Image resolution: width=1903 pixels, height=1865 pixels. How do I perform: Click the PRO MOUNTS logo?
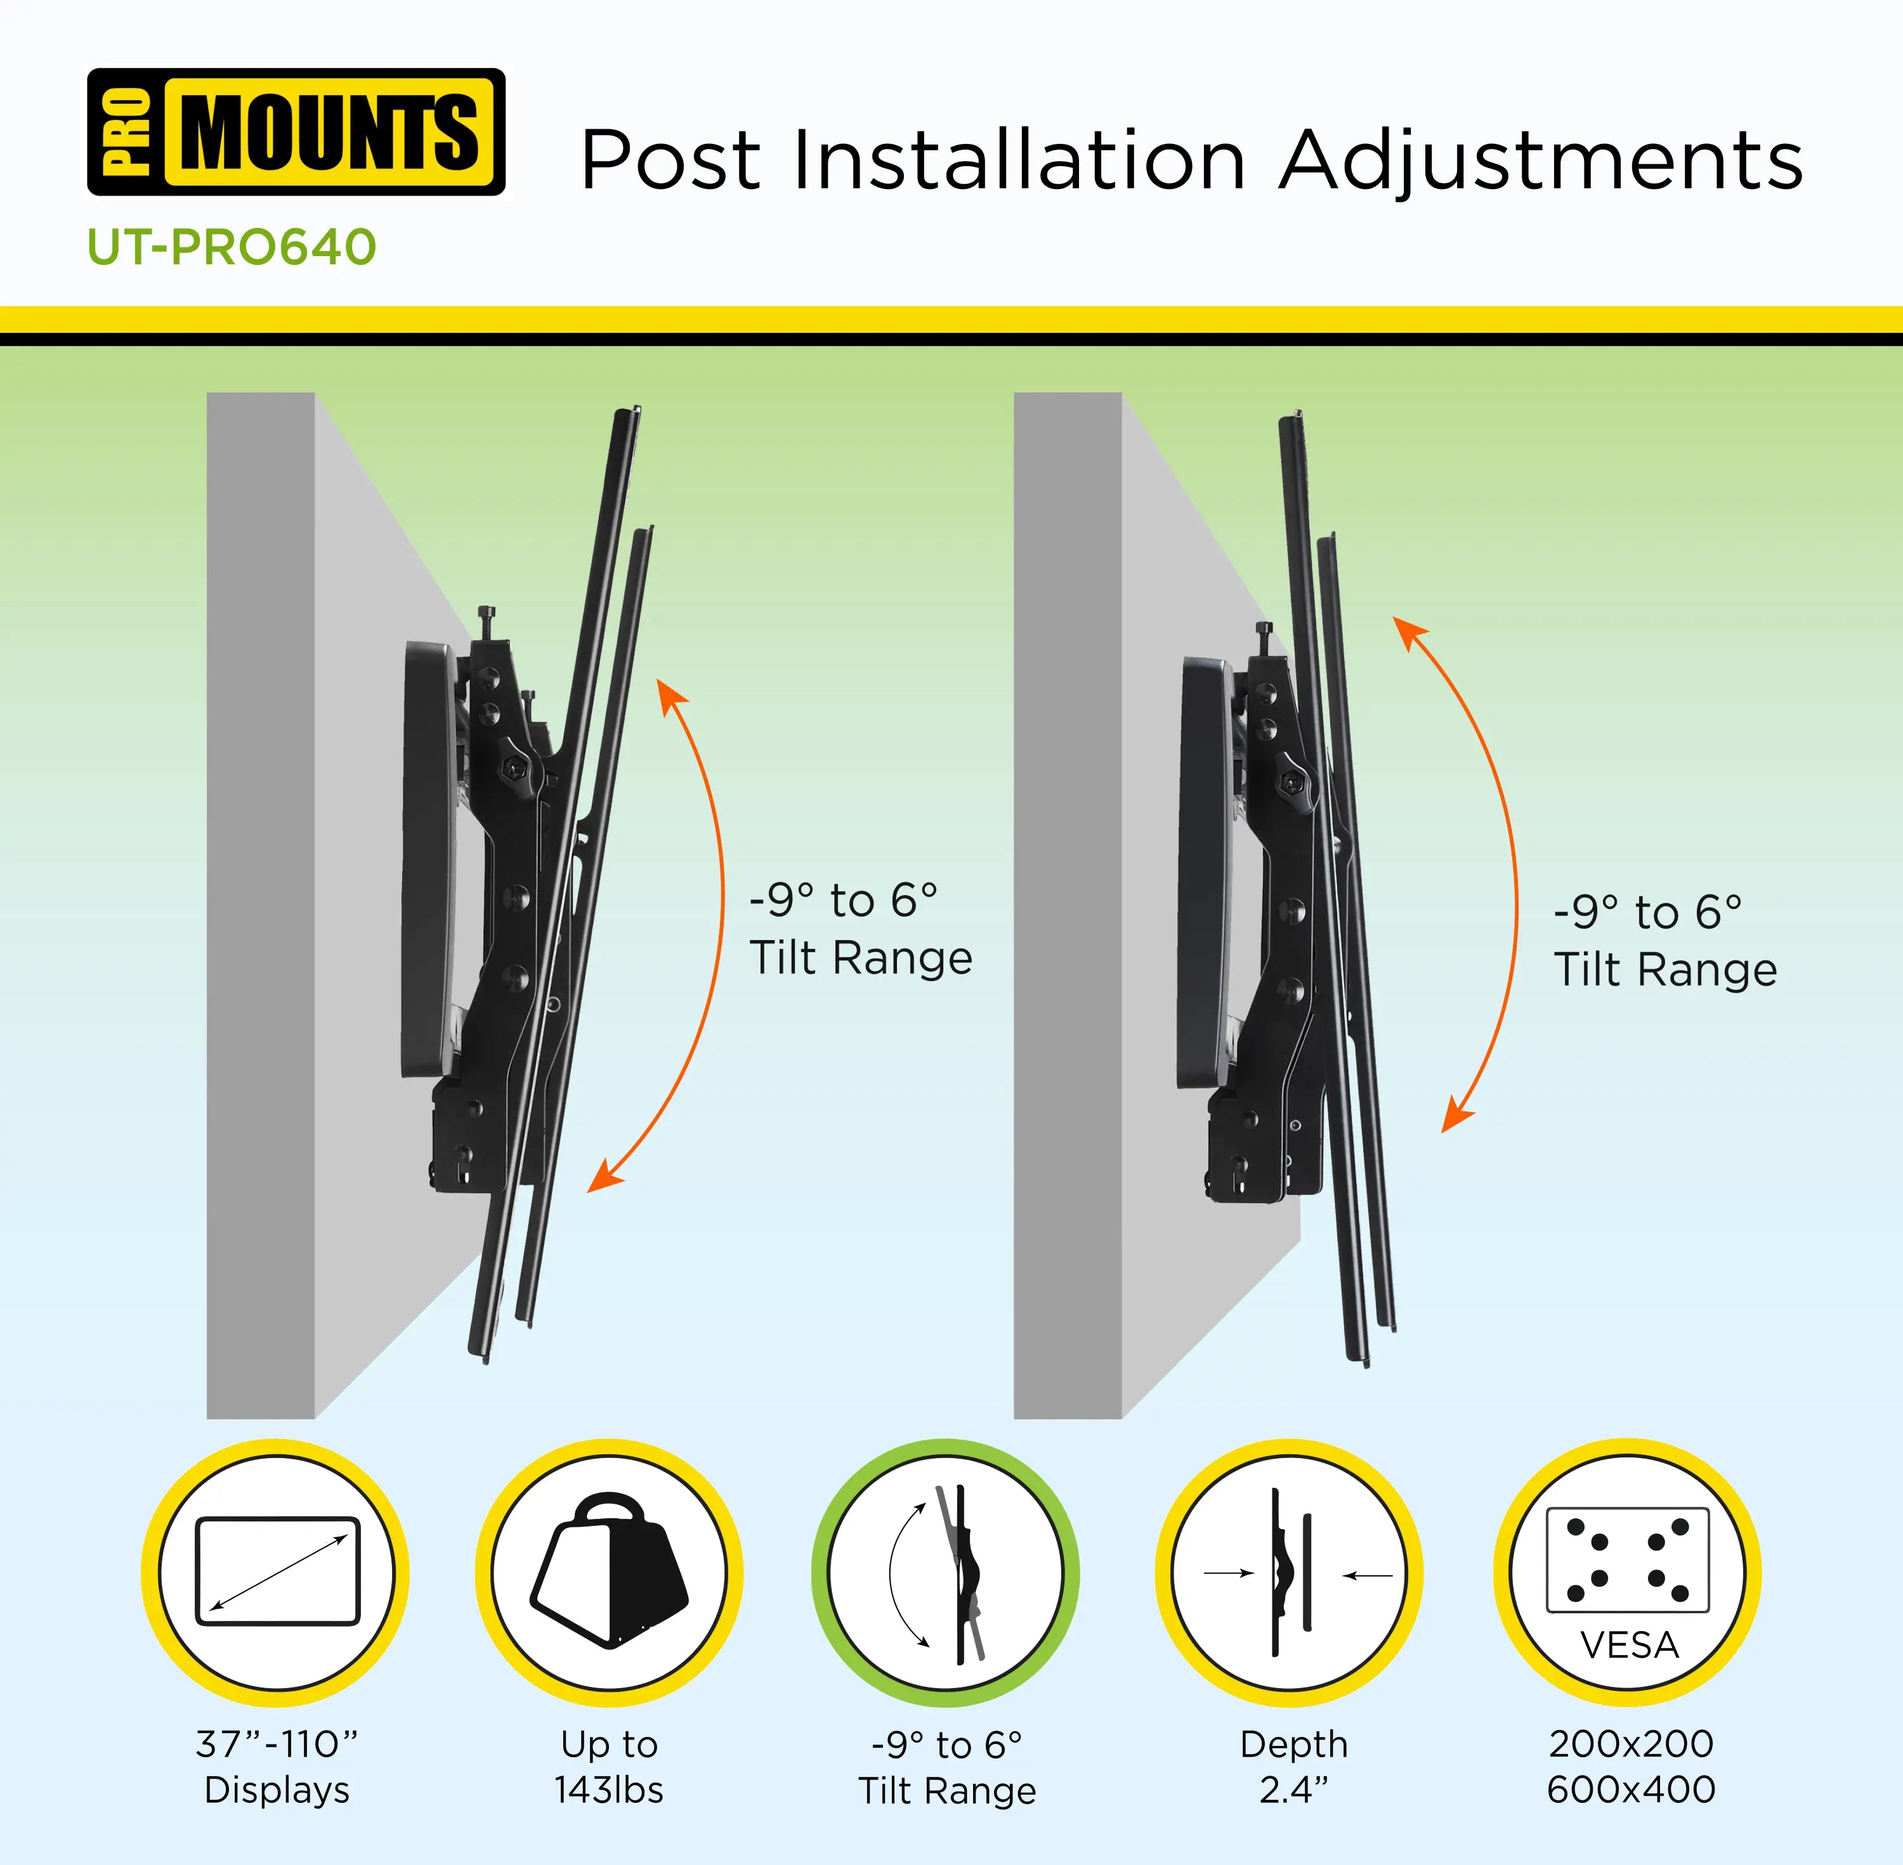(296, 132)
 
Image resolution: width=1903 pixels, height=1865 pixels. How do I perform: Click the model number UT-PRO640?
(232, 247)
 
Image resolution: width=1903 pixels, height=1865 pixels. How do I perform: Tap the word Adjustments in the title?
(1541, 160)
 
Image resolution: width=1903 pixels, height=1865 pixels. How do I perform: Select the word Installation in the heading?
(1019, 160)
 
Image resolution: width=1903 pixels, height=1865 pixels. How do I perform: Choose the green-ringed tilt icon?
(946, 1573)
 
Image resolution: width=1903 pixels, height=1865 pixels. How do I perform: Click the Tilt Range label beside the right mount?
(1666, 970)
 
